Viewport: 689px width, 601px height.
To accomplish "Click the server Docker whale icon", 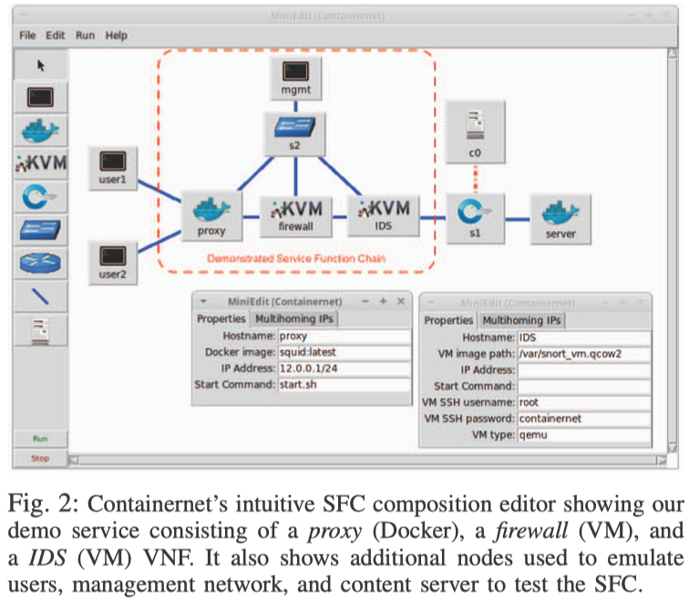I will point(560,211).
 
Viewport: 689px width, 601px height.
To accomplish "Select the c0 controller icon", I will point(474,125).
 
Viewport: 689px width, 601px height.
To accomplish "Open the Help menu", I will point(116,35).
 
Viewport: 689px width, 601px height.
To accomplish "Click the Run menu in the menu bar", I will point(85,35).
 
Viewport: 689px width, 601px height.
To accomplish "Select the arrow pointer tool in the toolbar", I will point(41,65).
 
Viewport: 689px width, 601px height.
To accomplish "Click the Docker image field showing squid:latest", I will point(342,352).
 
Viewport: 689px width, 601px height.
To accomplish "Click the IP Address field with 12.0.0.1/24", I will point(342,368).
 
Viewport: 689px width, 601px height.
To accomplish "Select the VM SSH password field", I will point(583,418).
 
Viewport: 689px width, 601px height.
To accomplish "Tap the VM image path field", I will point(583,353).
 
